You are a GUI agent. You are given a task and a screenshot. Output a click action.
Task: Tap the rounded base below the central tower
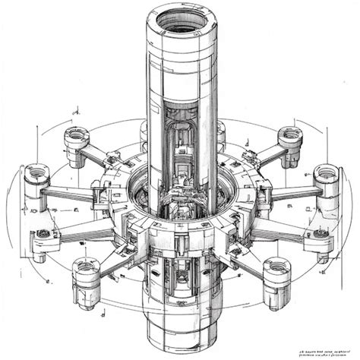pyautogui.click(x=179, y=327)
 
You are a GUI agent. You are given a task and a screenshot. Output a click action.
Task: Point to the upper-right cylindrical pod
pyautogui.click(x=289, y=141)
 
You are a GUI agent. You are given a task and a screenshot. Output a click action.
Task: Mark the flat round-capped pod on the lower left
pyautogui.click(x=43, y=235)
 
